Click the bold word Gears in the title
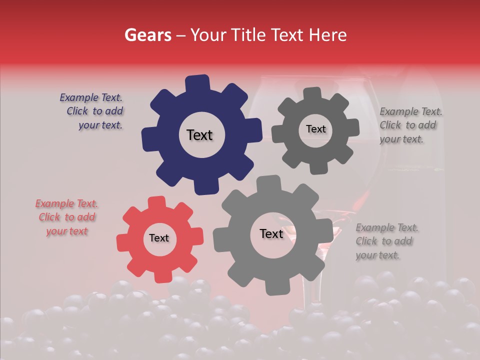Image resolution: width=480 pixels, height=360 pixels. tap(148, 35)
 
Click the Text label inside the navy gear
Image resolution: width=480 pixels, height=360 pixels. tap(199, 135)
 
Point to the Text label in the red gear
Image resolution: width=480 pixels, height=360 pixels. tap(159, 238)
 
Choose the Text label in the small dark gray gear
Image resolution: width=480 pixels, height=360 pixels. tap(315, 129)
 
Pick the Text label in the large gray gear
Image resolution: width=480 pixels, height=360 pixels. tap(271, 234)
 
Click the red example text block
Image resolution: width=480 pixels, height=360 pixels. tap(66, 217)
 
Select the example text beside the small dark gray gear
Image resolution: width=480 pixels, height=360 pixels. tap(410, 125)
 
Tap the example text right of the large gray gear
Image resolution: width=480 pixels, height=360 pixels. tap(386, 241)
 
